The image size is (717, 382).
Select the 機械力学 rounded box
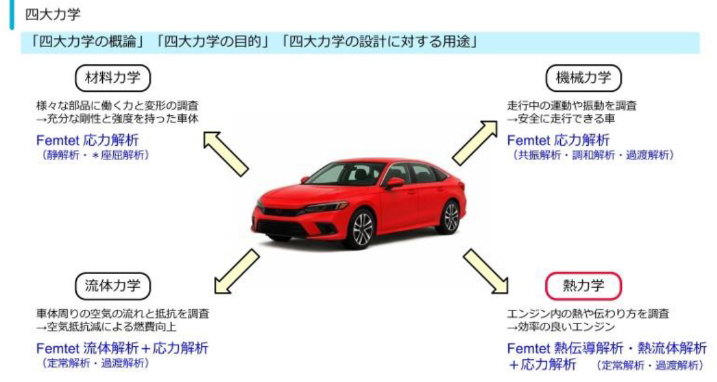(x=583, y=78)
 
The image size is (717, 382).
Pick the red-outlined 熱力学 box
(x=583, y=284)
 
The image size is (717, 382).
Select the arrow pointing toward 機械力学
(x=474, y=143)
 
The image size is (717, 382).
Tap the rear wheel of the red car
(x=450, y=217)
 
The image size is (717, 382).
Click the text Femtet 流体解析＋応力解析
(x=122, y=348)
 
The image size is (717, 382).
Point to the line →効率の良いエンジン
(x=561, y=327)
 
